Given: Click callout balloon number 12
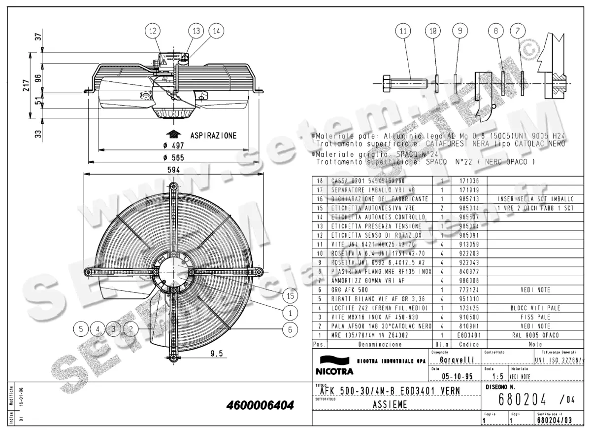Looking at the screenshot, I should coord(153,31).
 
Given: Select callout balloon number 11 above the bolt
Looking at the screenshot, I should coord(404,31).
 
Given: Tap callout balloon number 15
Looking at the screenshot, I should coord(291,295).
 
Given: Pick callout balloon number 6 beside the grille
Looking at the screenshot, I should coord(291,329).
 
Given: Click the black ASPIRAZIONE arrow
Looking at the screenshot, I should coord(172,134).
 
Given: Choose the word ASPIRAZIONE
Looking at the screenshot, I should coord(213,135).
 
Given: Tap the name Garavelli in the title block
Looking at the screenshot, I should coord(457,361).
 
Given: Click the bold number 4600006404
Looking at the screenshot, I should coord(260,406).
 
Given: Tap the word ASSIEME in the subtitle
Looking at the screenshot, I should coord(389,404).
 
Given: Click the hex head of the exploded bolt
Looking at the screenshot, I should coord(385,83).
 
